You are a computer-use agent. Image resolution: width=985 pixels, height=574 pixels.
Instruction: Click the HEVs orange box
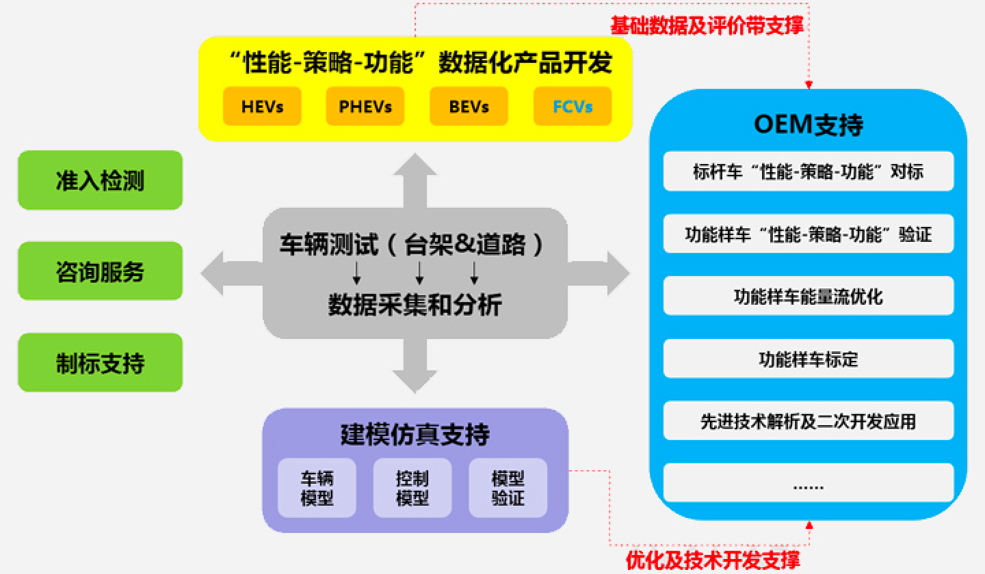coord(262,107)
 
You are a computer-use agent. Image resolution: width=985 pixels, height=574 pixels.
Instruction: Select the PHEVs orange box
coord(365,107)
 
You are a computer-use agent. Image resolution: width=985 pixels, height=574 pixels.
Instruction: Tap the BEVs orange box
coord(469,107)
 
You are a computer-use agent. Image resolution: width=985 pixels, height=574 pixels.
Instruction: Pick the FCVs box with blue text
coord(573,107)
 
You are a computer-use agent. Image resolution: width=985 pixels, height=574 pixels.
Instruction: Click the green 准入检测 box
coord(101,180)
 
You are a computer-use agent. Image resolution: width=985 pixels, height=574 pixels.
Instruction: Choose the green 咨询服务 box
coord(101,271)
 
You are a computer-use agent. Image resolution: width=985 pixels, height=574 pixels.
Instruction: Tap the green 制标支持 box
coord(101,362)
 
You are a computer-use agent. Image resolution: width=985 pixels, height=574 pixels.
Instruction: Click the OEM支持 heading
coord(809,124)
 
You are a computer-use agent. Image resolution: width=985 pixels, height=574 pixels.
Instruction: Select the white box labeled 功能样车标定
coord(809,358)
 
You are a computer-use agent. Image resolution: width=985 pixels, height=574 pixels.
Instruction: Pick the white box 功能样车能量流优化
coord(809,296)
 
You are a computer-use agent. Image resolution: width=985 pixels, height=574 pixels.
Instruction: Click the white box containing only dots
coord(809,482)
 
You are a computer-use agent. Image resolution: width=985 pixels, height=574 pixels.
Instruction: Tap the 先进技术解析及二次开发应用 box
coord(809,421)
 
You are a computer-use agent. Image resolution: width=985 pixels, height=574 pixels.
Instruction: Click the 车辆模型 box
coord(317,488)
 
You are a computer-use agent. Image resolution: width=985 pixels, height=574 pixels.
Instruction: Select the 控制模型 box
coord(412,488)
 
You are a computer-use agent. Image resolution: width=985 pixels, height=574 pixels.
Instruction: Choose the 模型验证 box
coord(508,488)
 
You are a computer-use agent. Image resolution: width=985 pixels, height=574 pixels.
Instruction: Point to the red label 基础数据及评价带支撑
coord(707,25)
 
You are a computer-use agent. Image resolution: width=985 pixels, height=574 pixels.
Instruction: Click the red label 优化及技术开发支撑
coord(712,560)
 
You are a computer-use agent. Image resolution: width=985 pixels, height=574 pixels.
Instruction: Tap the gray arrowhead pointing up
coord(415,165)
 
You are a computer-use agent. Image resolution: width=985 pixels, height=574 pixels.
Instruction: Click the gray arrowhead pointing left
coord(212,273)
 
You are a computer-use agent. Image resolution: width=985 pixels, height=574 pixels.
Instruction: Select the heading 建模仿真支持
coord(415,435)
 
